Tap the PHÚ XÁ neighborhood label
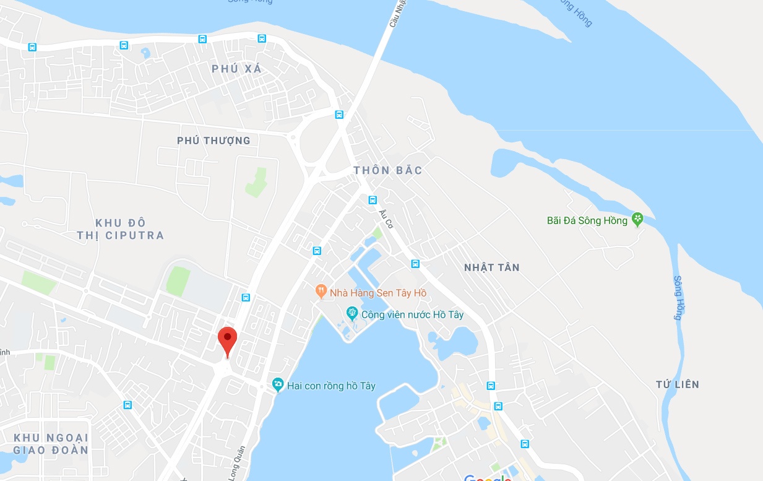pos(237,69)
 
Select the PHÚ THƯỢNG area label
pos(213,141)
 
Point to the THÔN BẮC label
pos(388,170)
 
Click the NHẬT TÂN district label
pos(492,267)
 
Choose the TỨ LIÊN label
pos(678,384)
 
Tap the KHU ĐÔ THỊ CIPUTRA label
pos(121,229)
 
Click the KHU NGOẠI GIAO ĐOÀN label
pos(51,444)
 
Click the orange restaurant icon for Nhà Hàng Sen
pos(321,290)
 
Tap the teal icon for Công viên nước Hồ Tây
pos(352,313)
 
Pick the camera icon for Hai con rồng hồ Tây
pos(278,385)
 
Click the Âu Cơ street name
pos(386,219)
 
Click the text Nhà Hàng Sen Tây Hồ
pos(378,292)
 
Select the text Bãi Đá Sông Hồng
pos(587,220)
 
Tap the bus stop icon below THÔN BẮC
pos(373,200)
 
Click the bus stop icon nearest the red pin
pos(246,298)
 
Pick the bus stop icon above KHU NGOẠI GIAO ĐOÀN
pos(127,405)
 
